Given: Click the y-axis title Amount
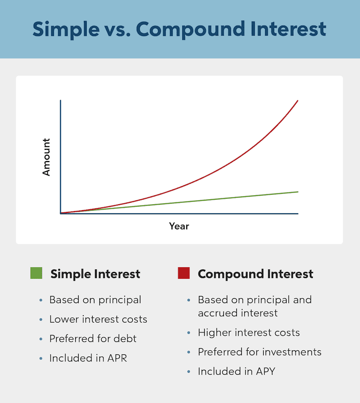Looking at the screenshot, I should pyautogui.click(x=46, y=157).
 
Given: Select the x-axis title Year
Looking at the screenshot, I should pyautogui.click(x=179, y=226).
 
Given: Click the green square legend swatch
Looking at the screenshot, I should pyautogui.click(x=36, y=273).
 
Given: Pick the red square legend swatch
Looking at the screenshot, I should pyautogui.click(x=184, y=273).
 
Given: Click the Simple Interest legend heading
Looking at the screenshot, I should pyautogui.click(x=95, y=274).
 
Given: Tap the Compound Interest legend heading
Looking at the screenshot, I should pyautogui.click(x=256, y=274).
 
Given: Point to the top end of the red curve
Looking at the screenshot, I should pyautogui.click(x=297, y=101).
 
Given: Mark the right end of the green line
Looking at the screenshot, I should pyautogui.click(x=297, y=192).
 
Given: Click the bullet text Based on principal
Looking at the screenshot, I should pyautogui.click(x=95, y=300).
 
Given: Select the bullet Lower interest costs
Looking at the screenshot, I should pyautogui.click(x=98, y=319).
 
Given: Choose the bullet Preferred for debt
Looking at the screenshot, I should pyautogui.click(x=93, y=339).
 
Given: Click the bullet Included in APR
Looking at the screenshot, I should pyautogui.click(x=88, y=358).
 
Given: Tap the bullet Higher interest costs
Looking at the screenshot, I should pyautogui.click(x=249, y=333).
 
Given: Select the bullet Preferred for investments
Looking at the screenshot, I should pyautogui.click(x=260, y=352).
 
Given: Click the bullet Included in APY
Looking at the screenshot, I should pyautogui.click(x=236, y=372).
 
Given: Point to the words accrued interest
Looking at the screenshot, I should pyautogui.click(x=238, y=313).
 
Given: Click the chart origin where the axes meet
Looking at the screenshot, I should pyautogui.click(x=60, y=213).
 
